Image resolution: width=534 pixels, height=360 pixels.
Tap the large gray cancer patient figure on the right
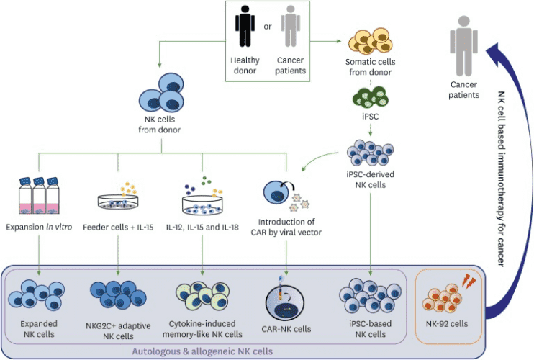(x=463, y=48)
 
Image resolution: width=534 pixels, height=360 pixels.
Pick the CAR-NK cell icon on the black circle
(x=288, y=300)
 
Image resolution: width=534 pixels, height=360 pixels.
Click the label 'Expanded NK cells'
(x=37, y=330)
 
